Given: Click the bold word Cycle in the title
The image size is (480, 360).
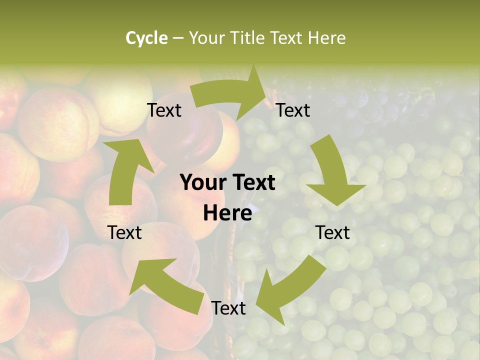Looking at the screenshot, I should click(x=146, y=38).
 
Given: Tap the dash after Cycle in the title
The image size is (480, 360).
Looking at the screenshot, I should click(x=178, y=38).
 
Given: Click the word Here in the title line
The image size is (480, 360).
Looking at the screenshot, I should click(x=326, y=38).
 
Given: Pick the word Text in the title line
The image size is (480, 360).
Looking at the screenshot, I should click(x=287, y=38).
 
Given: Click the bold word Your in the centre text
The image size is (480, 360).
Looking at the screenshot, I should click(x=202, y=182).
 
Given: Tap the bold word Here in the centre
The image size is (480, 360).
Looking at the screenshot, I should click(x=227, y=213).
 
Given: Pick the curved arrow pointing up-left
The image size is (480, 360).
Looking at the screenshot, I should click(x=165, y=283).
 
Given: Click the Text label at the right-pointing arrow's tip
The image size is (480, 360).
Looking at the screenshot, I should click(x=293, y=110).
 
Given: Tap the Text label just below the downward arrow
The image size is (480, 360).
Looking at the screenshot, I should click(x=332, y=232).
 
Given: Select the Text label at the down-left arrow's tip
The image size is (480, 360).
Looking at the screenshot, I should click(x=228, y=308).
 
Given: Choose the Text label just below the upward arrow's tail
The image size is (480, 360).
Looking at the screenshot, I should click(x=125, y=232).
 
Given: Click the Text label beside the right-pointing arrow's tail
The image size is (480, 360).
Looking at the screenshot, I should click(x=164, y=110).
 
